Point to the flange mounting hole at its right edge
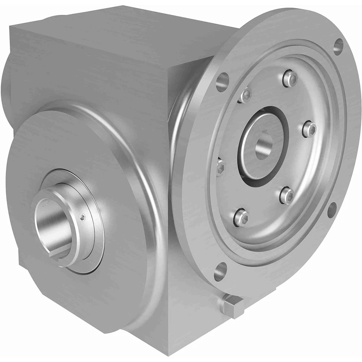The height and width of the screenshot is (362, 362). click(332, 210)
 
